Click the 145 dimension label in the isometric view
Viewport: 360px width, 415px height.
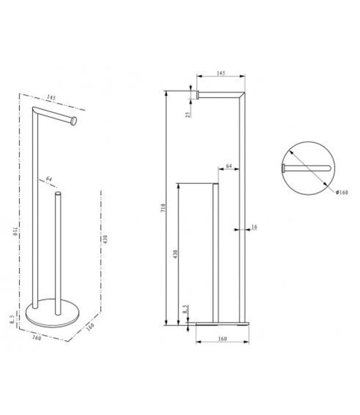tap(52, 98)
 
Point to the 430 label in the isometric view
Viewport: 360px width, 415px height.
tap(105, 238)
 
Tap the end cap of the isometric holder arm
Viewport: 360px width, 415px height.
tap(73, 120)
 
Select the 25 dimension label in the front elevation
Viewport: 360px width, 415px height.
tap(188, 115)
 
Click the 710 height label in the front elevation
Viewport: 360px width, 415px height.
tap(161, 209)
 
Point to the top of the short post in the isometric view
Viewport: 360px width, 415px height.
tap(58, 194)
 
